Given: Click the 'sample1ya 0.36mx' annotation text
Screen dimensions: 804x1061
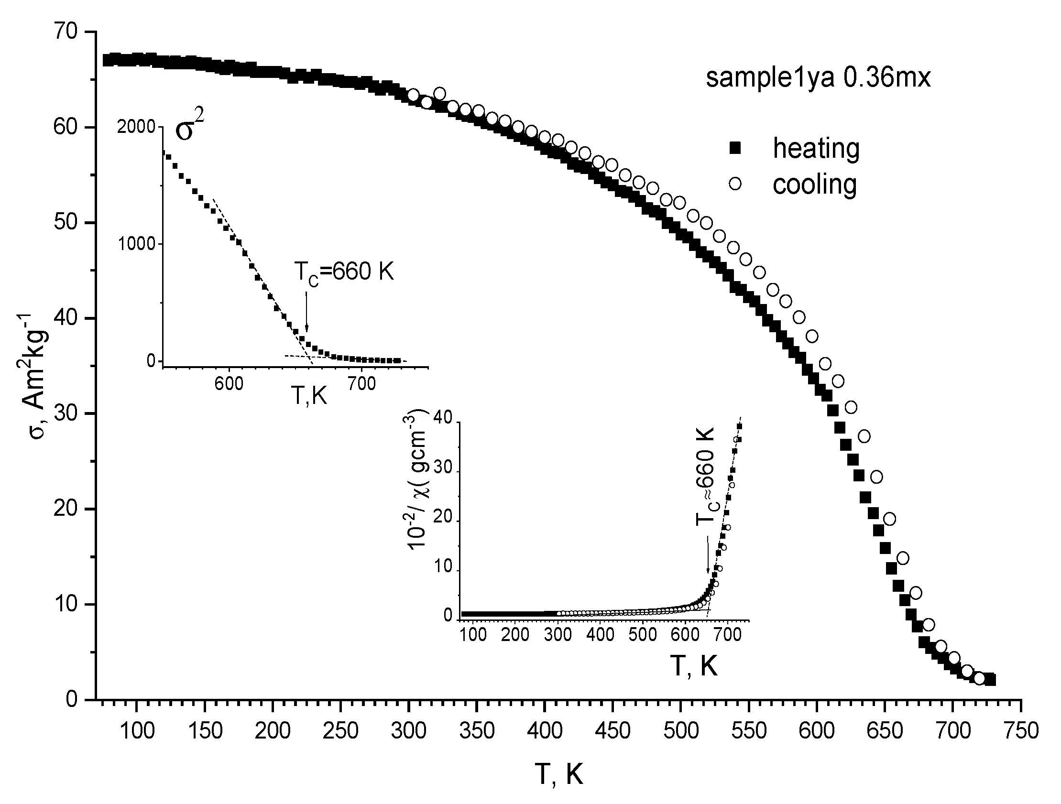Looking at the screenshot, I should click(818, 77).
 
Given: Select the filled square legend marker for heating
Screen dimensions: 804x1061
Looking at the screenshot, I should click(734, 150).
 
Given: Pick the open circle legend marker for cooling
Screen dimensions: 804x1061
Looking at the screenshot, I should click(734, 184).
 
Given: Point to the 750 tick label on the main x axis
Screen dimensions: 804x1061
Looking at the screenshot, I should click(1020, 731).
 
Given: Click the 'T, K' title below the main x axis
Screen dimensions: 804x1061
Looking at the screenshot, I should click(559, 774).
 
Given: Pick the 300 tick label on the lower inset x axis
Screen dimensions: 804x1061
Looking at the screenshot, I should click(558, 634).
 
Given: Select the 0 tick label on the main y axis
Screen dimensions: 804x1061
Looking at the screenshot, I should click(72, 700).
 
